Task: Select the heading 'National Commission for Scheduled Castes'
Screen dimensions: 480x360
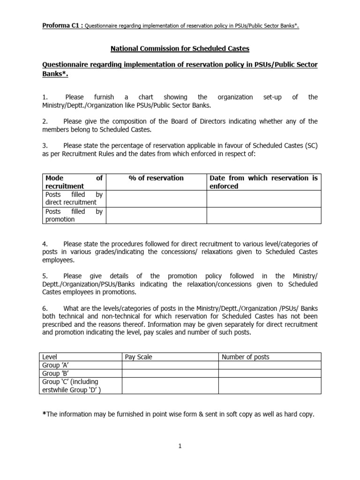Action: [x=180, y=48]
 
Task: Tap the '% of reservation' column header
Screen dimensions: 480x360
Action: [x=156, y=178]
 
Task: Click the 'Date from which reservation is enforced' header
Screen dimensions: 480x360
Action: [x=263, y=182]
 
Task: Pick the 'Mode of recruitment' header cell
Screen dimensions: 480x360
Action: [x=74, y=182]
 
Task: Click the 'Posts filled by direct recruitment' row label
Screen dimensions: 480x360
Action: [x=74, y=198]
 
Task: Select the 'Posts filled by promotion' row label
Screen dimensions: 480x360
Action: [x=74, y=215]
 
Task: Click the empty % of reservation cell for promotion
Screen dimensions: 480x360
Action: [x=156, y=215]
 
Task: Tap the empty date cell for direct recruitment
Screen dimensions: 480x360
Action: [x=263, y=198]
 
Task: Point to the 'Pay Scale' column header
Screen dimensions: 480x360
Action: [x=139, y=357]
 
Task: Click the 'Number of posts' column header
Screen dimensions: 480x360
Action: [x=246, y=357]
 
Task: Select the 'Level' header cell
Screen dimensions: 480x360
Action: [x=50, y=357]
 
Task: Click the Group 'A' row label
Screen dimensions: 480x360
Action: [x=52, y=365]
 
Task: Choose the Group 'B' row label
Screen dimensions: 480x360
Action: [x=52, y=374]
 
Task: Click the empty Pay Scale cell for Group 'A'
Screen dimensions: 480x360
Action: [x=170, y=365]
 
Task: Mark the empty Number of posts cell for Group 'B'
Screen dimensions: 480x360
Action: [x=270, y=374]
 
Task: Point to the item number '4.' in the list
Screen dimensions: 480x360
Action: [x=45, y=244]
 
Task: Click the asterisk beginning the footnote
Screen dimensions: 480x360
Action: [x=44, y=414]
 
